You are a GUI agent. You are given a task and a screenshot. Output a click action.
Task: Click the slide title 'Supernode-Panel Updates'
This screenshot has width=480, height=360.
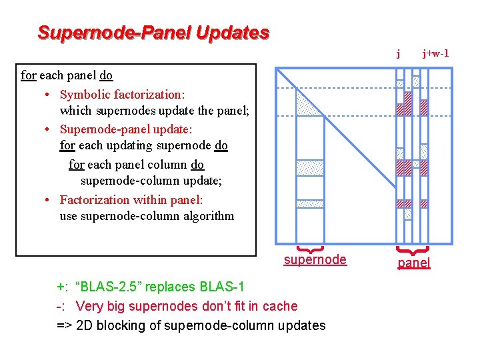tap(153, 32)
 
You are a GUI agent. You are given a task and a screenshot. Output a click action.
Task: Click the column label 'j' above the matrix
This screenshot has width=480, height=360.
tap(398, 53)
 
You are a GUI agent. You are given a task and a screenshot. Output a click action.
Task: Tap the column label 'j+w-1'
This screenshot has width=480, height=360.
tap(435, 53)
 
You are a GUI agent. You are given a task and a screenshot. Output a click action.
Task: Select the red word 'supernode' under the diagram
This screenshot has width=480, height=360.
tap(315, 260)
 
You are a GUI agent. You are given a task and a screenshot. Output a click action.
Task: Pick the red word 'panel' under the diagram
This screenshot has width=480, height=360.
tap(414, 263)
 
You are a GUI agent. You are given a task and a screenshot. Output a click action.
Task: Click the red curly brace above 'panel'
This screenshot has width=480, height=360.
tap(413, 251)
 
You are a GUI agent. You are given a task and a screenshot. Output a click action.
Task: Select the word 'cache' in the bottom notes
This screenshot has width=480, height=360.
tap(281, 306)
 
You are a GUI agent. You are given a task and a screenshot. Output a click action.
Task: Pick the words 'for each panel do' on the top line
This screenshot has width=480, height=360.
tap(67, 75)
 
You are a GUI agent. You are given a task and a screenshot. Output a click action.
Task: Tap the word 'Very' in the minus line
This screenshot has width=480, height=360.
tap(89, 306)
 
